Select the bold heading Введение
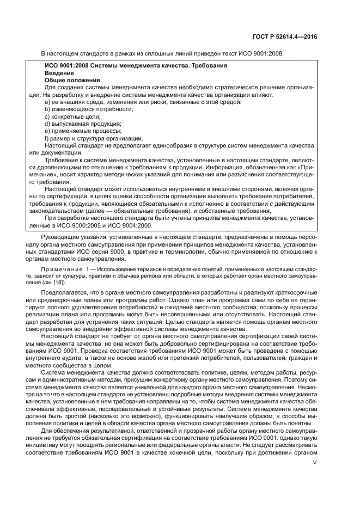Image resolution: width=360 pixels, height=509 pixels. (x=56, y=72)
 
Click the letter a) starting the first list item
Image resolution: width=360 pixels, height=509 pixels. (x=47, y=102)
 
